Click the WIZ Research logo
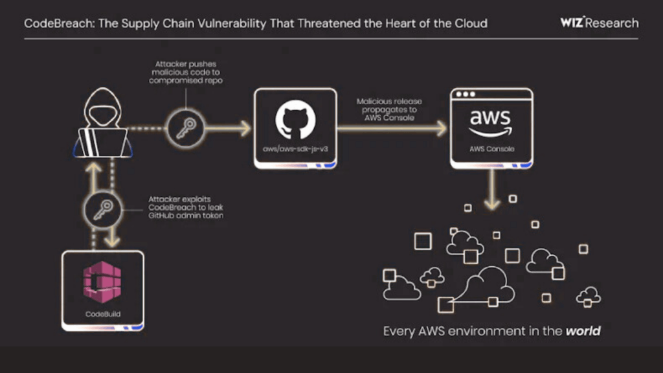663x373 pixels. (x=599, y=23)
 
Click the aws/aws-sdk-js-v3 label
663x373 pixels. (x=295, y=150)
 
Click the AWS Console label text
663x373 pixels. (x=491, y=148)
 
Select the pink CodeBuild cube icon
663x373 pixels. (x=103, y=284)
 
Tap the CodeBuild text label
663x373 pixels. (x=103, y=315)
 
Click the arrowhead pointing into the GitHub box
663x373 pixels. (x=245, y=128)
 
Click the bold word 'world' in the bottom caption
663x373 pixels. (x=583, y=331)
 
